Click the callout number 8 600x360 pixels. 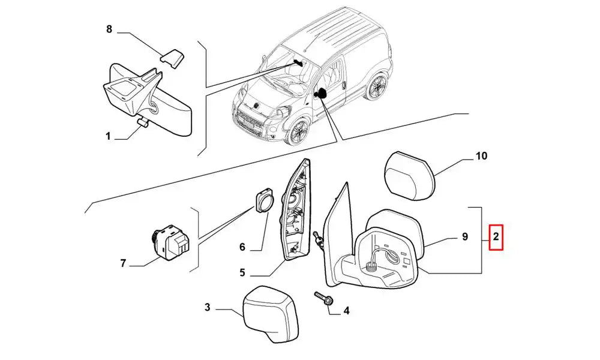[109, 29]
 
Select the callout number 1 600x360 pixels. [108, 136]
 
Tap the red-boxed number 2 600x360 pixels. [496, 237]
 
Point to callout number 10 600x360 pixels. [481, 156]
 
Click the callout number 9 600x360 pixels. [465, 237]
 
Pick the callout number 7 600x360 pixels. [123, 263]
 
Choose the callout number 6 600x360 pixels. [242, 247]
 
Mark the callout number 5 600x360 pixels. [242, 273]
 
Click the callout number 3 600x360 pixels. [207, 307]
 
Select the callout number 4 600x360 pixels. [346, 311]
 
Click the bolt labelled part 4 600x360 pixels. [323, 299]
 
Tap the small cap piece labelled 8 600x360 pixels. [172, 58]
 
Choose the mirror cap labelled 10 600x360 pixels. [410, 176]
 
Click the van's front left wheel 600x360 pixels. [297, 131]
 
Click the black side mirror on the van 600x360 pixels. [320, 93]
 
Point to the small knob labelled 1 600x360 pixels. [143, 122]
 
